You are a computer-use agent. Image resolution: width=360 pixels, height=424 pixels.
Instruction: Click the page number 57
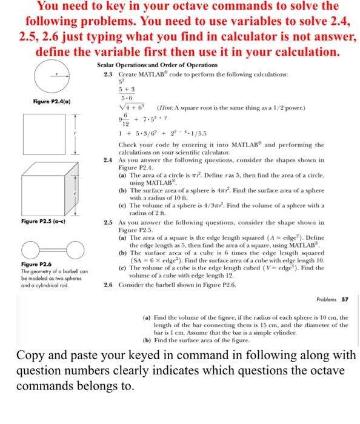345,299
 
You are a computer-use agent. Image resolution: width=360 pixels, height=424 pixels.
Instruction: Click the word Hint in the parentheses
167,108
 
